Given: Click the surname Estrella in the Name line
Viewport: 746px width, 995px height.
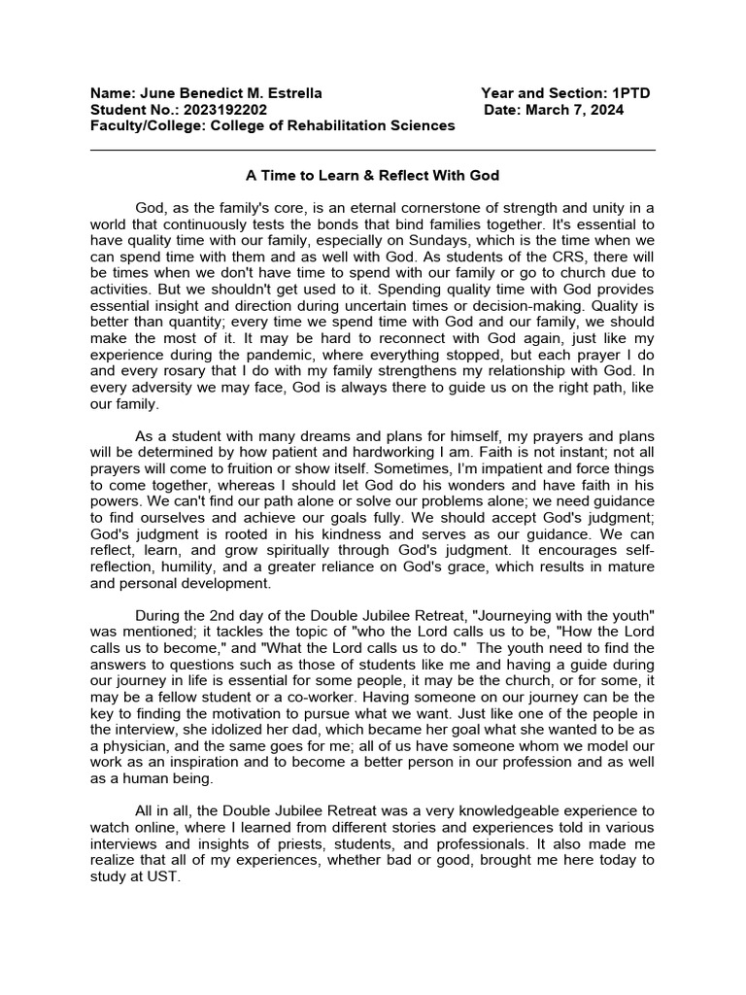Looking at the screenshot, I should click(x=290, y=93).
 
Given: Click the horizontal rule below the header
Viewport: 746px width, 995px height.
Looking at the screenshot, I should click(x=372, y=151).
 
